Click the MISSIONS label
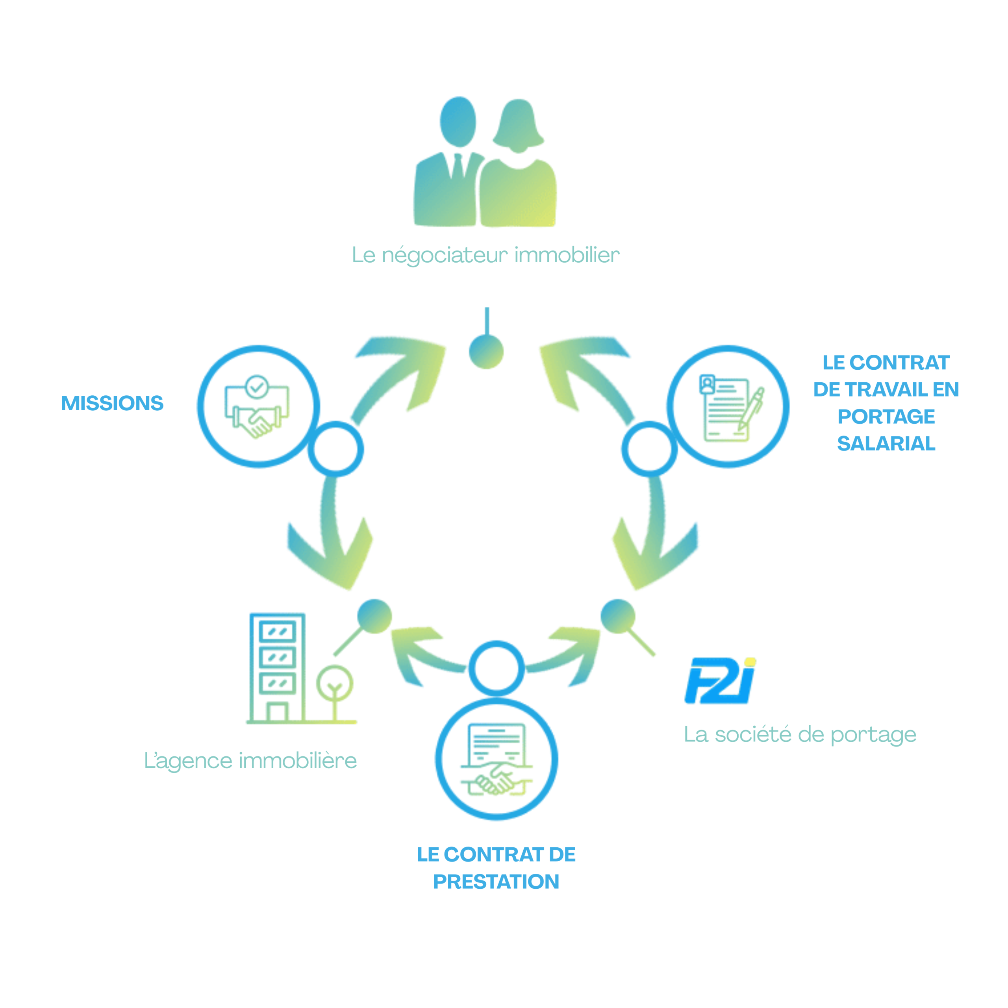coord(112,403)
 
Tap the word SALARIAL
coord(886,443)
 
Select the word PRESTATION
coord(496,882)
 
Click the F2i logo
coord(720,680)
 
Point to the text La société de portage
coord(800,735)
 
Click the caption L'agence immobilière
coord(250,761)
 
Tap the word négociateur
coord(445,255)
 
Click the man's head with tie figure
coord(458,122)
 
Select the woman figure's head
coord(517,125)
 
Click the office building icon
coord(278,668)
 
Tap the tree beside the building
coord(334,689)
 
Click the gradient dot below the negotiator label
coord(486,352)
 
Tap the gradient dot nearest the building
coord(374,616)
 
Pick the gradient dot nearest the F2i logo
coord(618,616)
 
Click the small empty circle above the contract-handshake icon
coord(496,668)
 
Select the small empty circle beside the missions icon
coord(335,449)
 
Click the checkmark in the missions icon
coord(257,387)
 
